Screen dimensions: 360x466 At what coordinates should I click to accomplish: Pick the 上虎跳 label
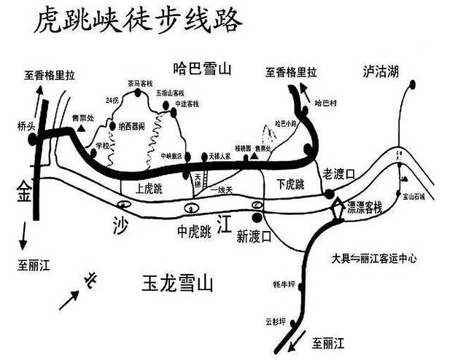point(149,188)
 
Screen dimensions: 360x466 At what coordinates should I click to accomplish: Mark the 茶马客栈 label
point(139,83)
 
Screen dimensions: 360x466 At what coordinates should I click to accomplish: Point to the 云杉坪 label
point(279,319)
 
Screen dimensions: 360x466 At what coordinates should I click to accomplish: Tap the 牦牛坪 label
point(283,284)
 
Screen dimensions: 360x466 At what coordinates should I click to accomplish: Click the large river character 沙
point(120,222)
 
